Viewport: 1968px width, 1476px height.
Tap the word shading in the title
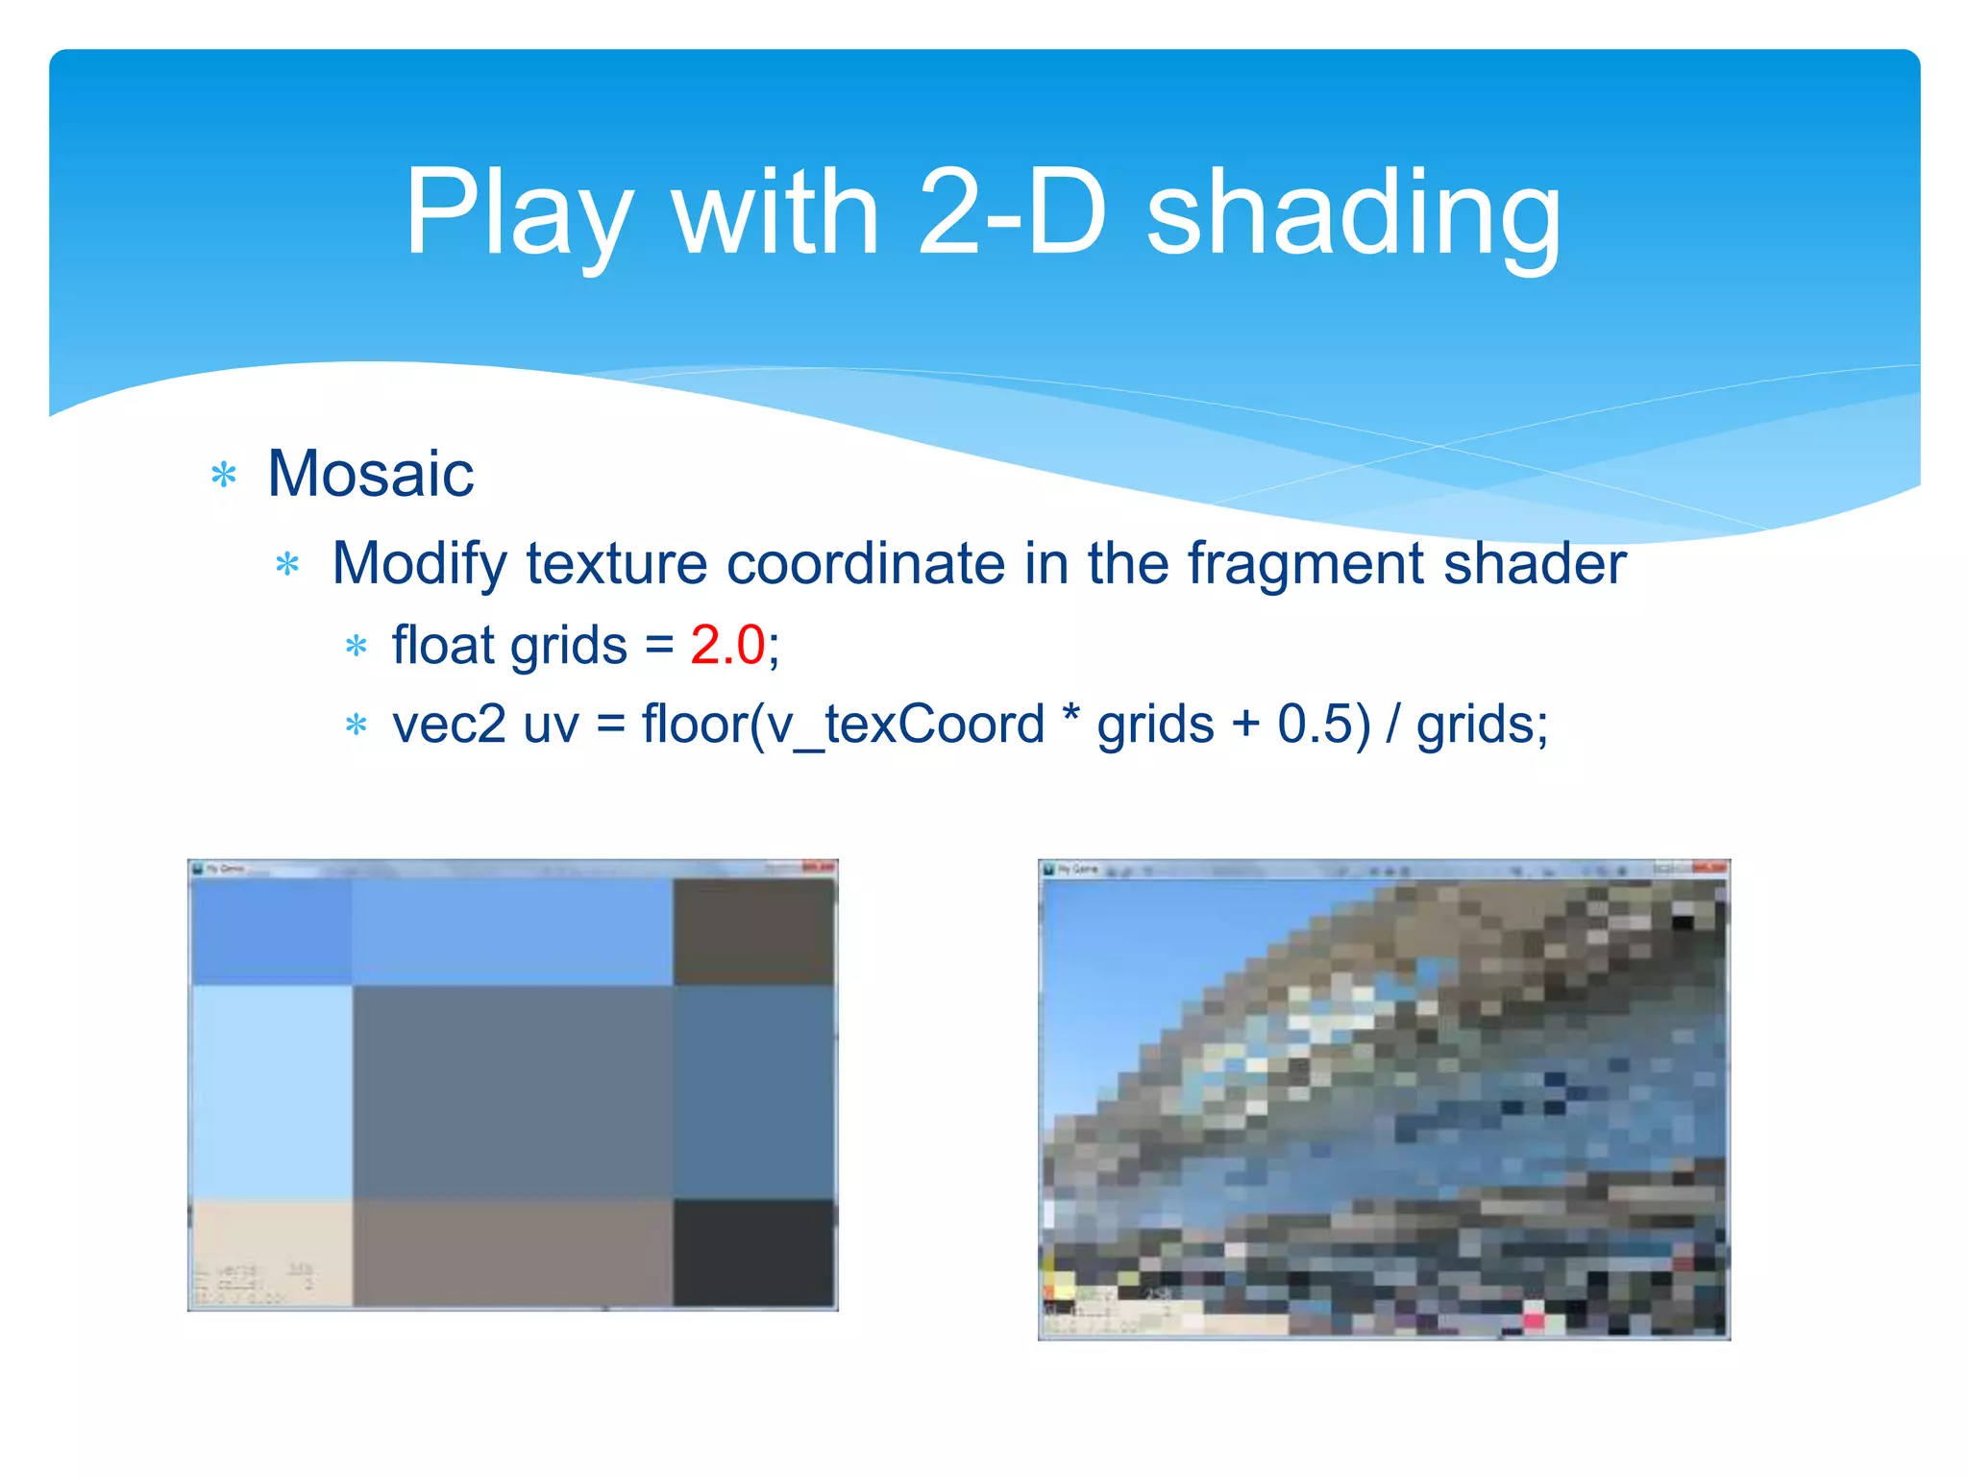coord(1354,213)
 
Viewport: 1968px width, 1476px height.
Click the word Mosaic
coord(370,474)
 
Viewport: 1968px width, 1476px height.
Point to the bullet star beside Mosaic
coord(224,475)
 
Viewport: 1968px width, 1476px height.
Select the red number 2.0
coord(727,645)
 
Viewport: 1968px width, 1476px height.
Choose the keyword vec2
coord(449,725)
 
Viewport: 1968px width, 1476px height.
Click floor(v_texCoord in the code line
coord(843,725)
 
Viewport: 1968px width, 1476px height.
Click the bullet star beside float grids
coord(357,647)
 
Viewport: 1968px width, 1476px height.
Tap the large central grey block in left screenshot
coord(512,1091)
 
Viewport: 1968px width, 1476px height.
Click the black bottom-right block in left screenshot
coord(753,1252)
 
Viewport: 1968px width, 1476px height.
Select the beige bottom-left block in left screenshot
coord(272,1252)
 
